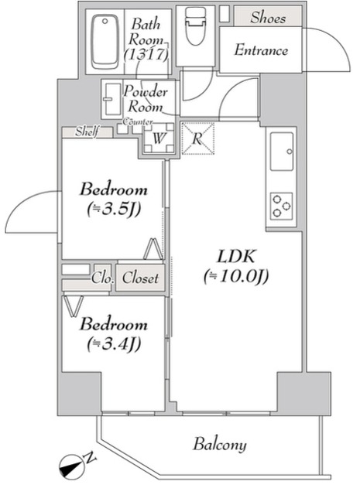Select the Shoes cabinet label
click(268, 18)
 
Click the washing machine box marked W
click(157, 139)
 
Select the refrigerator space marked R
click(197, 139)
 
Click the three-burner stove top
click(281, 206)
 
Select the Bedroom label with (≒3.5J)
click(113, 189)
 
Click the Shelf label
click(86, 132)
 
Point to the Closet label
click(140, 278)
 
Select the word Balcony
click(220, 444)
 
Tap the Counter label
click(137, 122)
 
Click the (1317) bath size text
click(145, 54)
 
